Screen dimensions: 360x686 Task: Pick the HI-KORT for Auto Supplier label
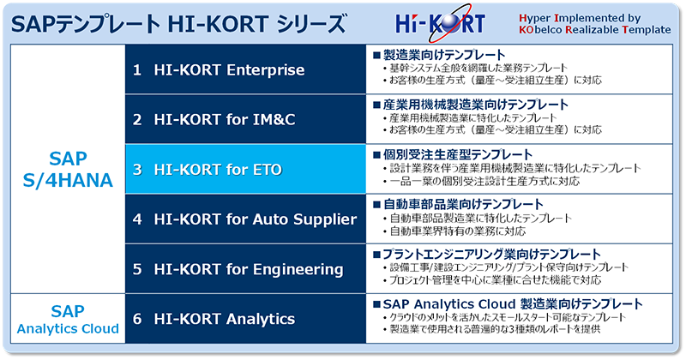tap(244, 219)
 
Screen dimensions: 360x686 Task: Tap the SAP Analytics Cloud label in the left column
tap(68, 319)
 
